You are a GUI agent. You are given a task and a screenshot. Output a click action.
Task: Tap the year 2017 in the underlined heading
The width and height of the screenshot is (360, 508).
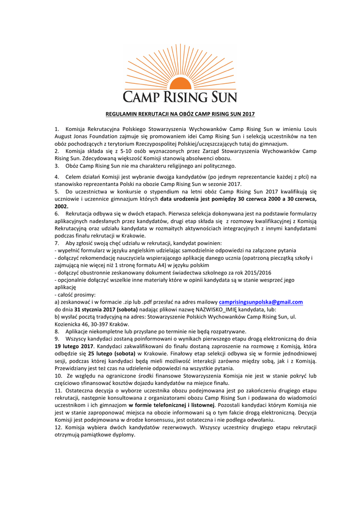coord(248,114)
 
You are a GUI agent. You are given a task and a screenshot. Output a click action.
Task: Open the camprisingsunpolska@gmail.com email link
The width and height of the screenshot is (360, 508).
coord(261,302)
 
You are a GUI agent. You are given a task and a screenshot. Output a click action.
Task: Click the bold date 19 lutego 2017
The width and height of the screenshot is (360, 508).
coord(73,345)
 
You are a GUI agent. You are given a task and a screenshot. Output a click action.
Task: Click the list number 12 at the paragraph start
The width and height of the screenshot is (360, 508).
coord(58,427)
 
